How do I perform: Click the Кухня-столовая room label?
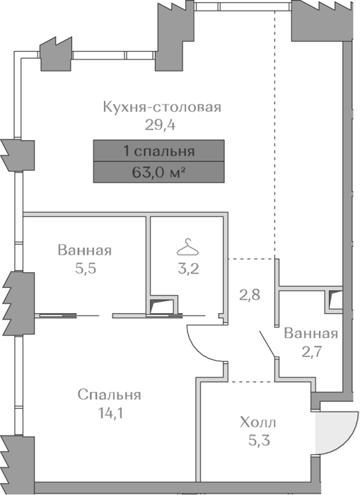(x=162, y=107)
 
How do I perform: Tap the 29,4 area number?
(x=160, y=125)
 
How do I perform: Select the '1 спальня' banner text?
(x=159, y=151)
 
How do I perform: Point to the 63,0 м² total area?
(x=158, y=173)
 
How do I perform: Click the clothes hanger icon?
(x=188, y=248)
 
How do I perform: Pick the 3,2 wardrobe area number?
(x=188, y=269)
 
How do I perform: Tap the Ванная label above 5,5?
(x=85, y=250)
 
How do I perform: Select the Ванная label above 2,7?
(x=310, y=333)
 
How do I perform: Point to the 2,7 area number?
(x=311, y=351)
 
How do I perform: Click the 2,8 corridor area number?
(x=250, y=295)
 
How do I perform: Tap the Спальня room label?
(x=109, y=395)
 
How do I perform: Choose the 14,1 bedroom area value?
(x=110, y=413)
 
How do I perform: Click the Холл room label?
(x=257, y=422)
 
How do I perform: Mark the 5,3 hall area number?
(x=259, y=441)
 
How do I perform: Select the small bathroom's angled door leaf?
(x=267, y=344)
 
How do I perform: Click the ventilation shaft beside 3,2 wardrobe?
(x=162, y=305)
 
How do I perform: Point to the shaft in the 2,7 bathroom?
(x=335, y=300)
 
